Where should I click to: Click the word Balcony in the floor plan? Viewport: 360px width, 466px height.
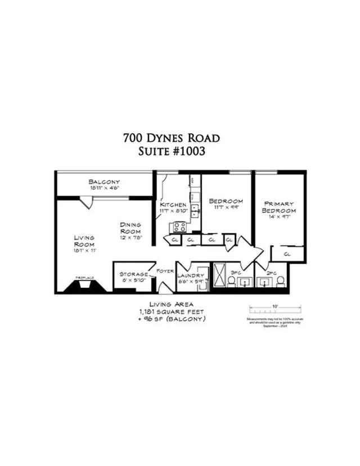[x=105, y=182]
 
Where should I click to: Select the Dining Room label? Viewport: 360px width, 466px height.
[x=130, y=230]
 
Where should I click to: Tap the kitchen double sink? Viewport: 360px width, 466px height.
[x=194, y=211]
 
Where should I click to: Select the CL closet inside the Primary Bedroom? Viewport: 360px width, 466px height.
[x=287, y=254]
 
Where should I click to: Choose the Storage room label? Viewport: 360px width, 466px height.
[x=134, y=274]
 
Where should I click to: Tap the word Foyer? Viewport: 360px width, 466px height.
[x=165, y=270]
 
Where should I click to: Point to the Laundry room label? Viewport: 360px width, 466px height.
[x=190, y=275]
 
